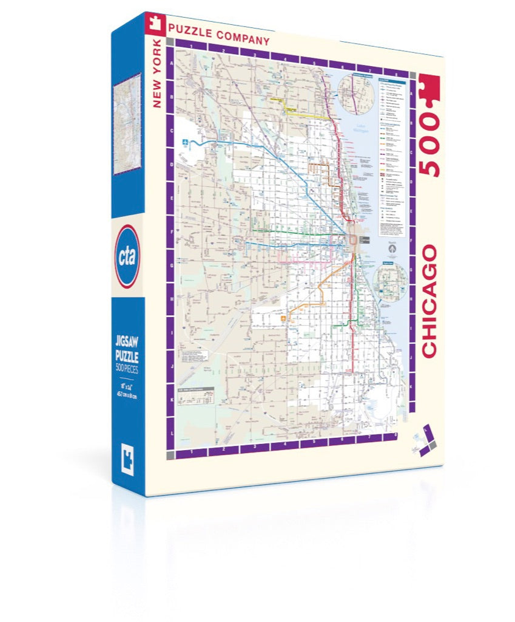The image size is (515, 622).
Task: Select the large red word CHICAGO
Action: point(429,301)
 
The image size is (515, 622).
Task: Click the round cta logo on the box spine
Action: point(128,256)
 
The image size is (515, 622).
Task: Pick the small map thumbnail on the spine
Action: point(127,125)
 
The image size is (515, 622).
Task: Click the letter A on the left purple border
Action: point(171,63)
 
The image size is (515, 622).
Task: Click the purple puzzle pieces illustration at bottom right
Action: point(425,437)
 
